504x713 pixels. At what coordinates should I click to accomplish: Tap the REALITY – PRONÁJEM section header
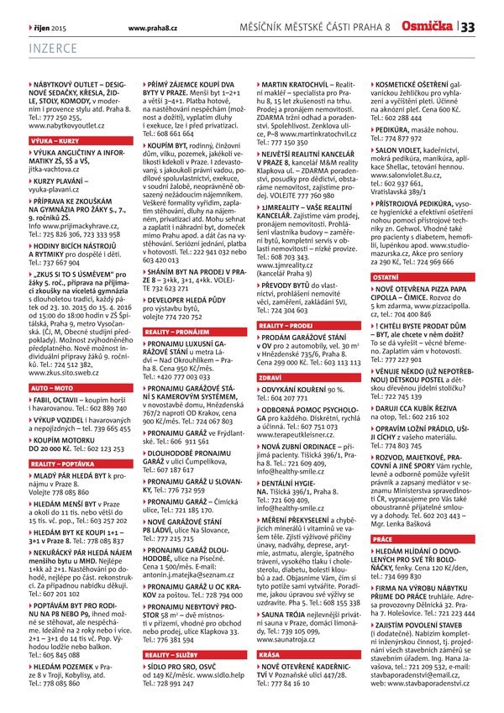click(177, 333)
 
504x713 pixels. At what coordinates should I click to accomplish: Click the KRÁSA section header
click(270, 630)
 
